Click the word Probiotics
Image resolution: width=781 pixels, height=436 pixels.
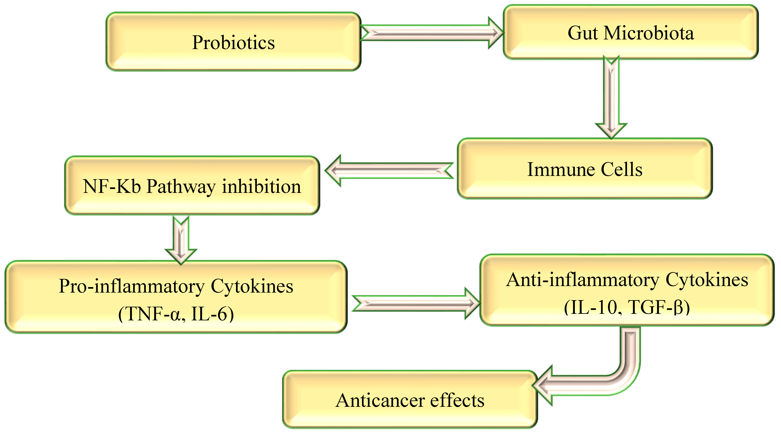pos(234,42)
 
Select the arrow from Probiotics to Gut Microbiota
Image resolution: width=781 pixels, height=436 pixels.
pos(430,33)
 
